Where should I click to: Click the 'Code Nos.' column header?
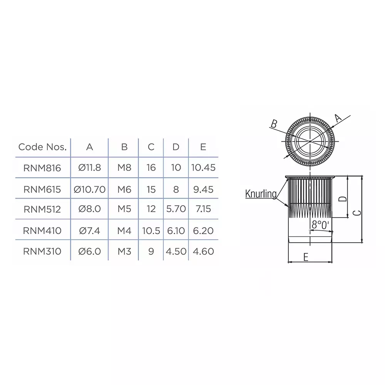point(42,147)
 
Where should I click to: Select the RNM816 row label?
point(42,168)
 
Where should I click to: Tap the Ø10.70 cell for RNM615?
point(89,189)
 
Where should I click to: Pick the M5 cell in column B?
point(124,209)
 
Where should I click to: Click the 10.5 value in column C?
point(151,231)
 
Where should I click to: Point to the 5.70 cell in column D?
point(176,209)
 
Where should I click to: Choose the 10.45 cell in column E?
point(203,167)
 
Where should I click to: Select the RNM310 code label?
point(42,251)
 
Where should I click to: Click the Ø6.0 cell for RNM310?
point(89,251)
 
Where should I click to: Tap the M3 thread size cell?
point(124,251)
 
